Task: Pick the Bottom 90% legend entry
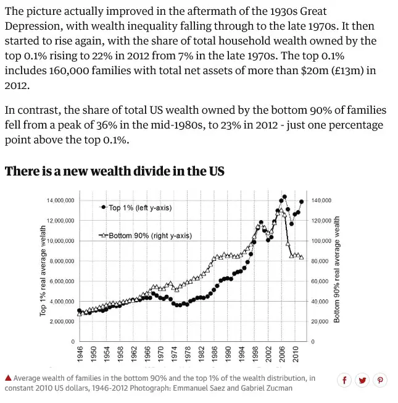coord(146,235)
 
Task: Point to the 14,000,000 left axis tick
coord(60,200)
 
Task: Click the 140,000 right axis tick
coord(321,200)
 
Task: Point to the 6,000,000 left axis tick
coord(60,281)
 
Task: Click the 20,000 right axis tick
coord(320,321)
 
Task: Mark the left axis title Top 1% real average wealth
coord(43,271)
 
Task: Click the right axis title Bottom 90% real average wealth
coord(337,269)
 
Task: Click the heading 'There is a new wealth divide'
coord(114,171)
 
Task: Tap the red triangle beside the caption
coord(8,378)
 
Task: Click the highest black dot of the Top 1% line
coord(284,197)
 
